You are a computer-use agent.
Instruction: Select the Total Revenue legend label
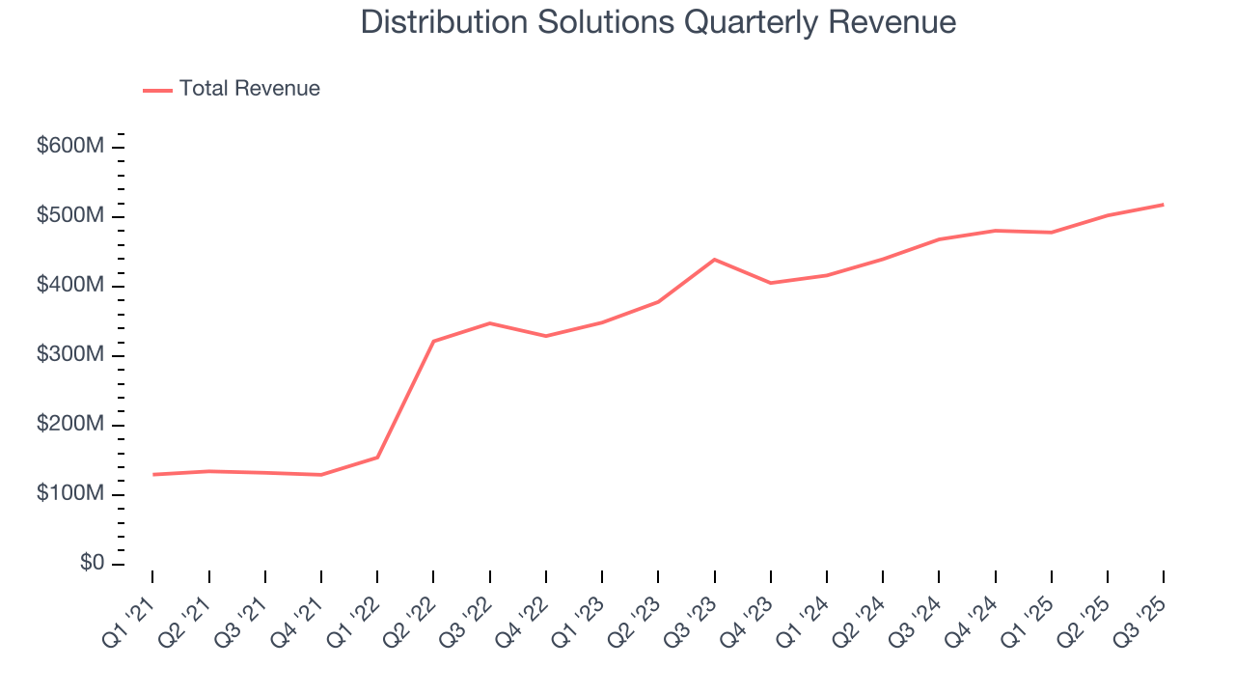coord(249,89)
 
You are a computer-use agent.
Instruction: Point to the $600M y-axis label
coord(70,147)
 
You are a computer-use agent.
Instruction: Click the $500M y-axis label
coord(70,216)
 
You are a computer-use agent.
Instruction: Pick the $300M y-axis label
coord(70,355)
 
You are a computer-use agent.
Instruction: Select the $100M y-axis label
coord(70,494)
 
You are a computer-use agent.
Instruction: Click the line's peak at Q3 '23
coord(714,260)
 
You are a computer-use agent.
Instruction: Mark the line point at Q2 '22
coord(433,341)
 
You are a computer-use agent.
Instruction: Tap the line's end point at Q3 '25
coord(1163,205)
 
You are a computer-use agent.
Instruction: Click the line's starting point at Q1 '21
coord(153,474)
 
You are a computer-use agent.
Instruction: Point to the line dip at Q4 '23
coord(770,283)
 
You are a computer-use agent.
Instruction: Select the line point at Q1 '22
coord(377,458)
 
